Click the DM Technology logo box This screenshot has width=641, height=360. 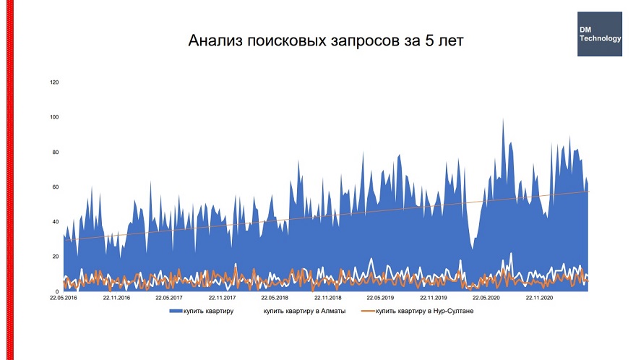click(x=600, y=34)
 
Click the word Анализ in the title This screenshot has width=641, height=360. click(x=215, y=40)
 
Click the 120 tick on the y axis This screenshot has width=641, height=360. click(x=53, y=82)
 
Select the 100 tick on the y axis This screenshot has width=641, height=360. click(x=53, y=117)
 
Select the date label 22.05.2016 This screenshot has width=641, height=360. click(x=64, y=297)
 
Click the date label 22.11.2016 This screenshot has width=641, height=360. click(x=116, y=297)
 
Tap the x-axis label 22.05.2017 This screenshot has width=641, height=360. click(x=168, y=297)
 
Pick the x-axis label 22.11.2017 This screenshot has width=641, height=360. click(x=222, y=297)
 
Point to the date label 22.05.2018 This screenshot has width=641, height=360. click(x=275, y=297)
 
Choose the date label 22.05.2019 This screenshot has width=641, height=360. click(x=380, y=297)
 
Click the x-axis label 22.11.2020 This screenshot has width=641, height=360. click(x=538, y=297)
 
